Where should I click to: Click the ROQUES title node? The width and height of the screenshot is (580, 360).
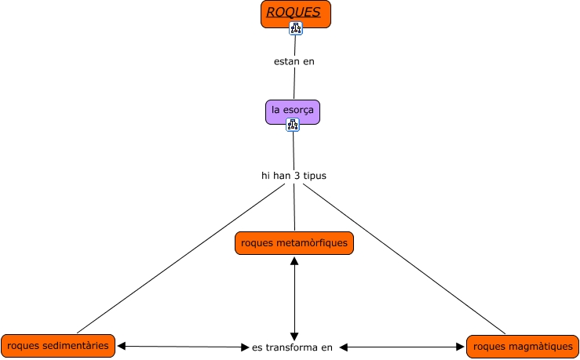[295, 13]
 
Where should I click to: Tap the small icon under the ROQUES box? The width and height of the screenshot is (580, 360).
[295, 28]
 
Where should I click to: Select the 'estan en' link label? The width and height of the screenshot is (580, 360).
[294, 61]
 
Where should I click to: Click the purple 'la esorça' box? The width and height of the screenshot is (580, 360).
[292, 111]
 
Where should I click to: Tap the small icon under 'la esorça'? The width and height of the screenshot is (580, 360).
[293, 124]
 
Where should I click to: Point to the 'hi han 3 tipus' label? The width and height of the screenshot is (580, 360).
[294, 176]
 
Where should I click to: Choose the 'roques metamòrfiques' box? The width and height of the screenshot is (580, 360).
[294, 243]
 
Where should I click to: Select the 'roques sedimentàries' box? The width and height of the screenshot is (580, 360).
[58, 345]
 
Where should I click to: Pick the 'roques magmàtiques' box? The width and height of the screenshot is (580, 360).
[523, 347]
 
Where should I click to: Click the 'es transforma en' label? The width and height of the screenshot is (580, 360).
[292, 347]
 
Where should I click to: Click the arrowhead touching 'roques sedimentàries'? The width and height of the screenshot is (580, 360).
[122, 345]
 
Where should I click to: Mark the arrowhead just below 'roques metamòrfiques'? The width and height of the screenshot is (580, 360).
[294, 260]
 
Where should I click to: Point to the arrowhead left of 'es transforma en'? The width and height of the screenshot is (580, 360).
[244, 347]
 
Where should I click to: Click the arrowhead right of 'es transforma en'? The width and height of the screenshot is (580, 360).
[344, 347]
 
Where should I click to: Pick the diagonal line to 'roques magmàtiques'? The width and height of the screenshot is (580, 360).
[404, 259]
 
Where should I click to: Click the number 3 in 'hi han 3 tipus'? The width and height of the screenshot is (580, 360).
[297, 176]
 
